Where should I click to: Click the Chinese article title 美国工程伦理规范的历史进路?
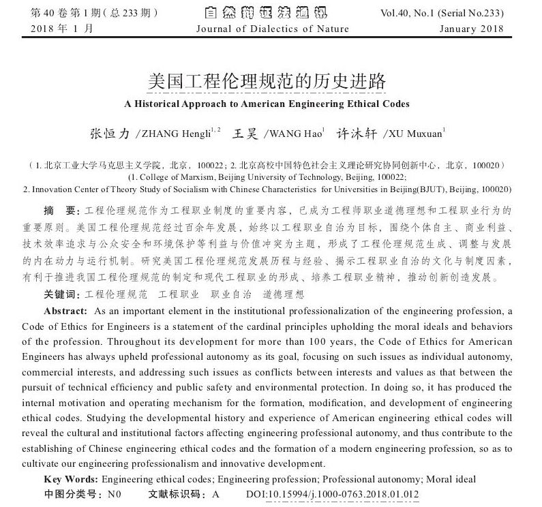pyautogui.click(x=267, y=82)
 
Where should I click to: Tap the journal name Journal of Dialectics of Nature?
pyautogui.click(x=272, y=29)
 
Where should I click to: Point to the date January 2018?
pyautogui.click(x=471, y=29)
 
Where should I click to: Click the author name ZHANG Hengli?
pyautogui.click(x=179, y=134)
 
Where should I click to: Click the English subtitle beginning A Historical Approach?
pyautogui.click(x=267, y=104)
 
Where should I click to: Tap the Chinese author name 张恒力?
pyautogui.click(x=110, y=134)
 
